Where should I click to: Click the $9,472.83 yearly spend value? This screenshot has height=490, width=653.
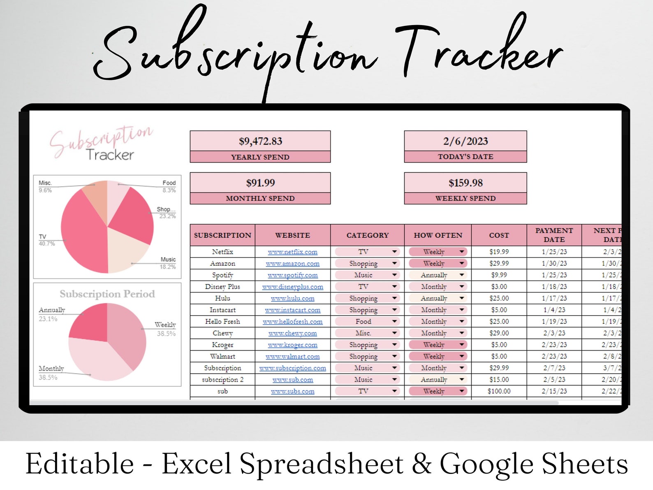(x=260, y=142)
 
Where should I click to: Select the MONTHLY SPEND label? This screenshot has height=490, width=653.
(x=260, y=198)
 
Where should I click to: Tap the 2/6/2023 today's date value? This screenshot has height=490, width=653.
(x=465, y=142)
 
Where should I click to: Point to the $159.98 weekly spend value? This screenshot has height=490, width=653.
(x=465, y=183)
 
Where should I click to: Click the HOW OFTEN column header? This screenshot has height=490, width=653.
(x=438, y=235)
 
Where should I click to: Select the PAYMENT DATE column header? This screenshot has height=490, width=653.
(x=554, y=235)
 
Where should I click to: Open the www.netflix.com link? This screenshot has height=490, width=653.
(x=292, y=252)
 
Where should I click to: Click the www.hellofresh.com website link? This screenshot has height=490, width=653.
(x=292, y=322)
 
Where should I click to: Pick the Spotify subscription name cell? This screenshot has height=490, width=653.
(x=222, y=275)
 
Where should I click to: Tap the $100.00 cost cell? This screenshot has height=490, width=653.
(x=499, y=391)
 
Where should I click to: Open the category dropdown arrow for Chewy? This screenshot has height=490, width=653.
(x=394, y=333)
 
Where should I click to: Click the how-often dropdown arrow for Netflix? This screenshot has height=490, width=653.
(x=462, y=252)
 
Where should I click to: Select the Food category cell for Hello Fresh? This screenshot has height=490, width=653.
(x=363, y=322)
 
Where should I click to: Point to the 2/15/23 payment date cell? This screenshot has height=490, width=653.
(x=554, y=391)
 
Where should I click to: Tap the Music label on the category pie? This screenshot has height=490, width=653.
(x=168, y=260)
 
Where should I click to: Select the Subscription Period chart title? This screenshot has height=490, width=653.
(x=107, y=294)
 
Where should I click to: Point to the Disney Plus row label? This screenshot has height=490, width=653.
(x=222, y=287)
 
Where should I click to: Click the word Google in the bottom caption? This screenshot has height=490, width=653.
(x=486, y=464)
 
